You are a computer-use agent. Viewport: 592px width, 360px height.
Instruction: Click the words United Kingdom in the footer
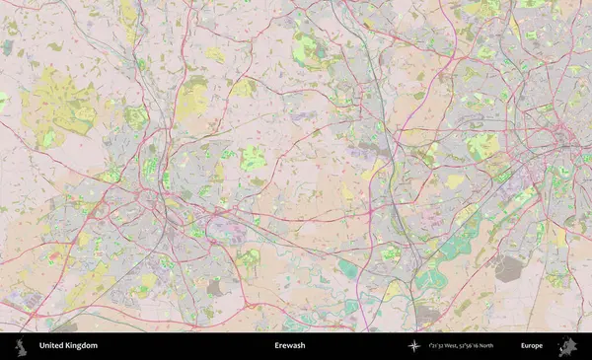pos(68,346)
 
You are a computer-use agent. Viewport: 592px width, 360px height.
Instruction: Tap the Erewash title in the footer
pos(289,346)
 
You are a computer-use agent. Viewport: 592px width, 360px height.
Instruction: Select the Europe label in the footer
pos(532,346)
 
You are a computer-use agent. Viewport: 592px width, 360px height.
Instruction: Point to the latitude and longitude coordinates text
pos(463,346)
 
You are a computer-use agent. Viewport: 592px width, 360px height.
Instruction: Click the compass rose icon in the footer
pos(413,346)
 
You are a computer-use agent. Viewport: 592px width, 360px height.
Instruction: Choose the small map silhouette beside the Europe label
pos(567,346)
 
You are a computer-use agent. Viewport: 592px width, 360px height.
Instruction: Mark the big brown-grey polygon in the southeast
pos(510,267)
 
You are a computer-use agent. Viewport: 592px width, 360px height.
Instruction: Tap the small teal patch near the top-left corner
pos(9,46)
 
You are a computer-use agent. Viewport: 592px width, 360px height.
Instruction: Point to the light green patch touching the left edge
pos(3,101)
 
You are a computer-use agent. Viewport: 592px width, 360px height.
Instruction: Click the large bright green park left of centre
pos(254,158)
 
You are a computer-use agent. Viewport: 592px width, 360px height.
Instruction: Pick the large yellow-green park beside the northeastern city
pos(482,148)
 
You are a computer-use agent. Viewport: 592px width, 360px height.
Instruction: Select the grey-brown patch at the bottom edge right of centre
pos(427,315)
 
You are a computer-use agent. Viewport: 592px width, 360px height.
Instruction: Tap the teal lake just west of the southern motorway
pos(348,267)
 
